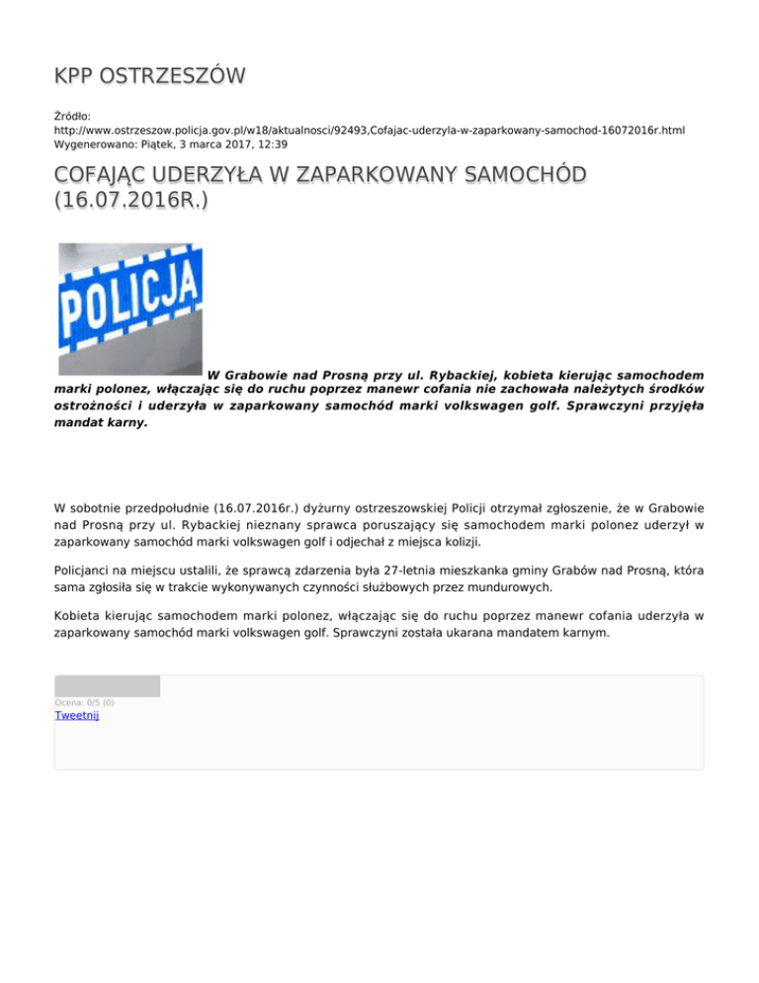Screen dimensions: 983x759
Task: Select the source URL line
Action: [370, 130]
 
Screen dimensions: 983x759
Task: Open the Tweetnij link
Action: [76, 715]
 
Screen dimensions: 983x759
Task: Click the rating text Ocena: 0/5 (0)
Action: [86, 702]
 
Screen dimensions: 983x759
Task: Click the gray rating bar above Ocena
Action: [107, 686]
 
